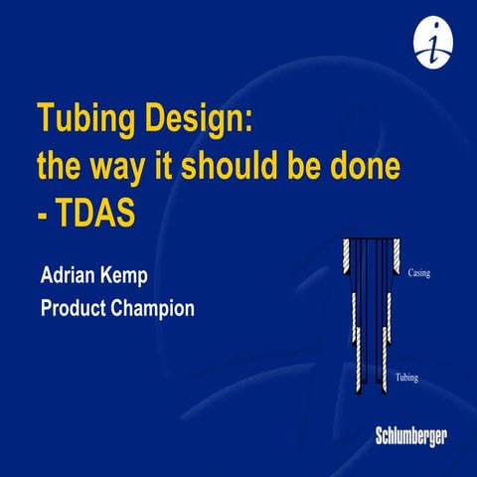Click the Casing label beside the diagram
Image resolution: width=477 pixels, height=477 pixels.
(x=421, y=268)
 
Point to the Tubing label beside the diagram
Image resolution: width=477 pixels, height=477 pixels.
(x=410, y=379)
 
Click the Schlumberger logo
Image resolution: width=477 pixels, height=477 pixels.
(x=411, y=435)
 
